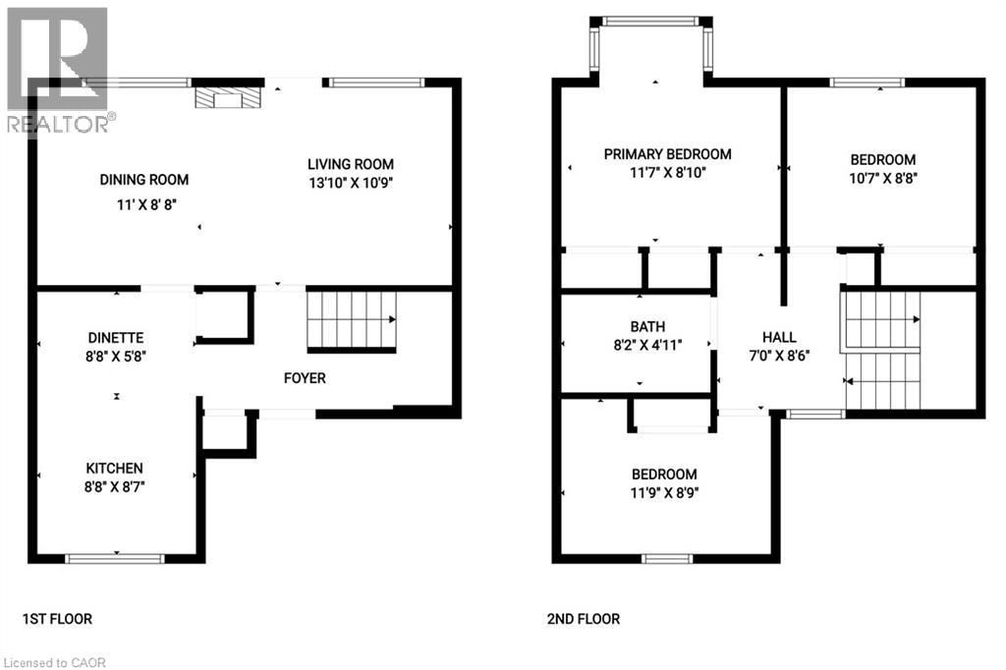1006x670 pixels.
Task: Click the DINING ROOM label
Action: [143, 180]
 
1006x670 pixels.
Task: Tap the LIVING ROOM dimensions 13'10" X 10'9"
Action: [351, 183]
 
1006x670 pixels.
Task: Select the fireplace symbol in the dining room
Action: [225, 97]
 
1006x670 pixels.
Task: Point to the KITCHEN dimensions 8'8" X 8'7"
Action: [115, 486]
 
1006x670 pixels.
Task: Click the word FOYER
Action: [304, 378]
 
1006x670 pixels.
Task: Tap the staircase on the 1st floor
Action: [352, 320]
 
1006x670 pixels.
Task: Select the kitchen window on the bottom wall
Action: [115, 558]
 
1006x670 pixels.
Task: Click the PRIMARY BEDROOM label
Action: [667, 154]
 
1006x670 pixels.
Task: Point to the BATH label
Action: [647, 326]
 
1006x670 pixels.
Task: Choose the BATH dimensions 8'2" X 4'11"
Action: [647, 345]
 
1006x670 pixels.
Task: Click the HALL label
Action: [779, 337]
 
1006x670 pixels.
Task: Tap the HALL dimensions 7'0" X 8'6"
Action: [779, 356]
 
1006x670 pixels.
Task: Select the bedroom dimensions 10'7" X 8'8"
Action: [882, 179]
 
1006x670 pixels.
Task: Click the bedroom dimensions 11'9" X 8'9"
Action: [664, 493]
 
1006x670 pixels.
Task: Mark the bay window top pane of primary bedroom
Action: [649, 21]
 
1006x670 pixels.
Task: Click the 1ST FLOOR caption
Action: [57, 619]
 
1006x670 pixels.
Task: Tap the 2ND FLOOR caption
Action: [584, 619]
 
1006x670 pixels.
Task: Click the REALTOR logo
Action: [57, 69]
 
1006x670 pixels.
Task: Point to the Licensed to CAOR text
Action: [54, 662]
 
